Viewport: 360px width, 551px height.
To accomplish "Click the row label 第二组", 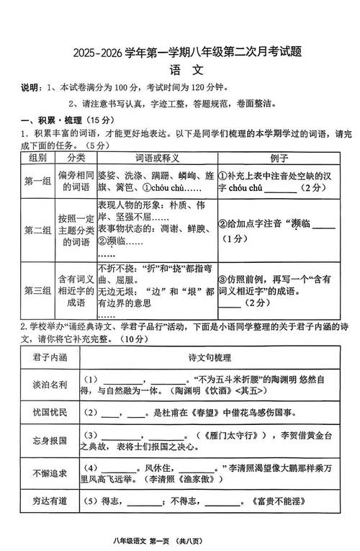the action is [x=37, y=230].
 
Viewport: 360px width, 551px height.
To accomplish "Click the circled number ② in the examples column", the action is [x=223, y=224].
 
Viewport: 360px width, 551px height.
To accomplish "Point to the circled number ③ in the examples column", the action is [x=223, y=279].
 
